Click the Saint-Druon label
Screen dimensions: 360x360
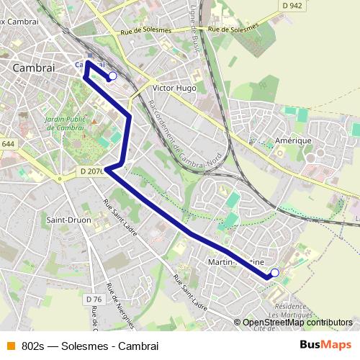[x=68, y=220]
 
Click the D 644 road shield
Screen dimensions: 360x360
[x=7, y=144]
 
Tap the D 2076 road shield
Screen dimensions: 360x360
[x=89, y=171]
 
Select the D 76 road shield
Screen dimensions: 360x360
[x=93, y=299]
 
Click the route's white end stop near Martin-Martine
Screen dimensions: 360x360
[x=274, y=273]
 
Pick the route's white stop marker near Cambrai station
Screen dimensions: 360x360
[x=112, y=76]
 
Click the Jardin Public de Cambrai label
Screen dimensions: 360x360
[x=64, y=122]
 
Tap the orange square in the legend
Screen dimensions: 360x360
[x=10, y=345]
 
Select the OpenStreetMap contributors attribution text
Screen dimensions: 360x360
[x=297, y=323]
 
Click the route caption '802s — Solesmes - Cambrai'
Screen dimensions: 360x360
[x=89, y=345]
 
